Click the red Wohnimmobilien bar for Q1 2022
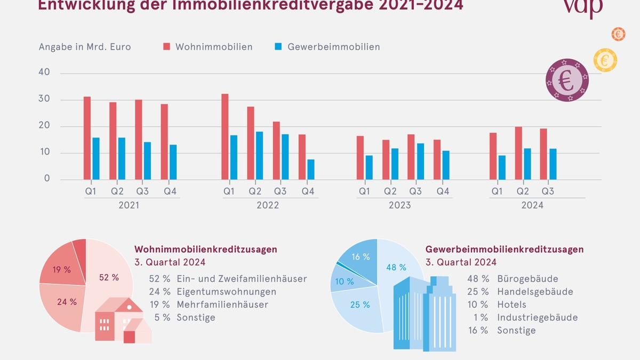click(225, 137)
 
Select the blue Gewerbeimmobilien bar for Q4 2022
click(311, 169)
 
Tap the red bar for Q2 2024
click(518, 153)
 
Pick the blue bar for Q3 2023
click(420, 161)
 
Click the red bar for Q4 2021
click(164, 141)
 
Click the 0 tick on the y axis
click(46, 179)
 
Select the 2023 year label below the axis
click(399, 205)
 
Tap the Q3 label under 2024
click(547, 191)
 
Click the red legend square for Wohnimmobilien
click(166, 47)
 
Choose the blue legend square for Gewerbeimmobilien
click(278, 47)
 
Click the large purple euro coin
click(567, 80)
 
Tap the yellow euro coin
click(605, 60)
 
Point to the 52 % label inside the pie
click(109, 277)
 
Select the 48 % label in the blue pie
click(396, 267)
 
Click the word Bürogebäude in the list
click(520, 279)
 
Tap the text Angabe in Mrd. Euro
click(85, 47)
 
